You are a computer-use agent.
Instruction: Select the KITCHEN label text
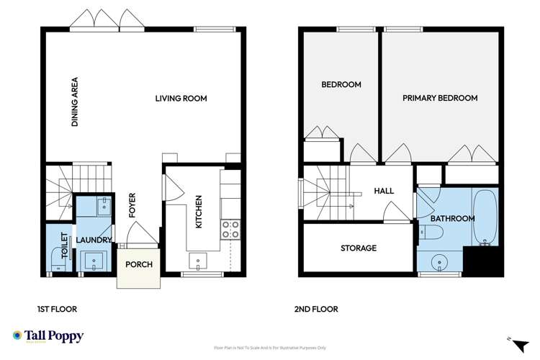[199, 212]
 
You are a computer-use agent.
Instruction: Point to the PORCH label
[139, 264]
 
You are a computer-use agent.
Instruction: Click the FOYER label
[132, 205]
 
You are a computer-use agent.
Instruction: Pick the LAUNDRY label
[95, 240]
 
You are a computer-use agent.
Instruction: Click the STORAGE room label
[359, 248]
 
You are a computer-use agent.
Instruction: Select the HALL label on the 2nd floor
[384, 191]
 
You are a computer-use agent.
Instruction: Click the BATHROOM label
[452, 218]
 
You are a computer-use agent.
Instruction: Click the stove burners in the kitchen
[230, 230]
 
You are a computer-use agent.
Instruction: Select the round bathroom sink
[437, 261]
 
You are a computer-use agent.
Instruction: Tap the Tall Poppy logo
[48, 336]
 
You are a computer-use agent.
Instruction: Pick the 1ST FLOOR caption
[57, 310]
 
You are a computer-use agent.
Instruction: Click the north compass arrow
[510, 338]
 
